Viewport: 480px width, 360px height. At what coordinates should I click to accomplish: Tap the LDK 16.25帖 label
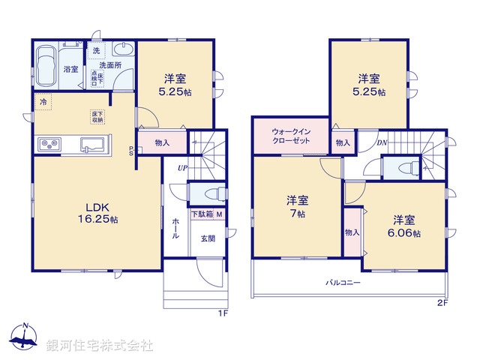[x=97, y=214]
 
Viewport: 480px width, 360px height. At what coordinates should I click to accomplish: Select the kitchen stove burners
[x=49, y=144]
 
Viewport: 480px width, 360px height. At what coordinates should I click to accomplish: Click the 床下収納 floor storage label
[x=97, y=116]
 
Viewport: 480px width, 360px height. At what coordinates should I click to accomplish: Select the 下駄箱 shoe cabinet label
[x=201, y=214]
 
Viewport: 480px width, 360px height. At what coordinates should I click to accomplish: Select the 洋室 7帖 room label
[x=297, y=206]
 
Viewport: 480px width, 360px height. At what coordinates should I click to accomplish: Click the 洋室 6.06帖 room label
[x=404, y=226]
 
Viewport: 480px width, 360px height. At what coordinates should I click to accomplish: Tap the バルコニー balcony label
[x=343, y=283]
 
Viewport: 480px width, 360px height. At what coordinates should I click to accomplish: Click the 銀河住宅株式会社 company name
[x=99, y=346]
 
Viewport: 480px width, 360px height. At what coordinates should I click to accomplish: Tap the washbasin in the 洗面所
[x=124, y=49]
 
